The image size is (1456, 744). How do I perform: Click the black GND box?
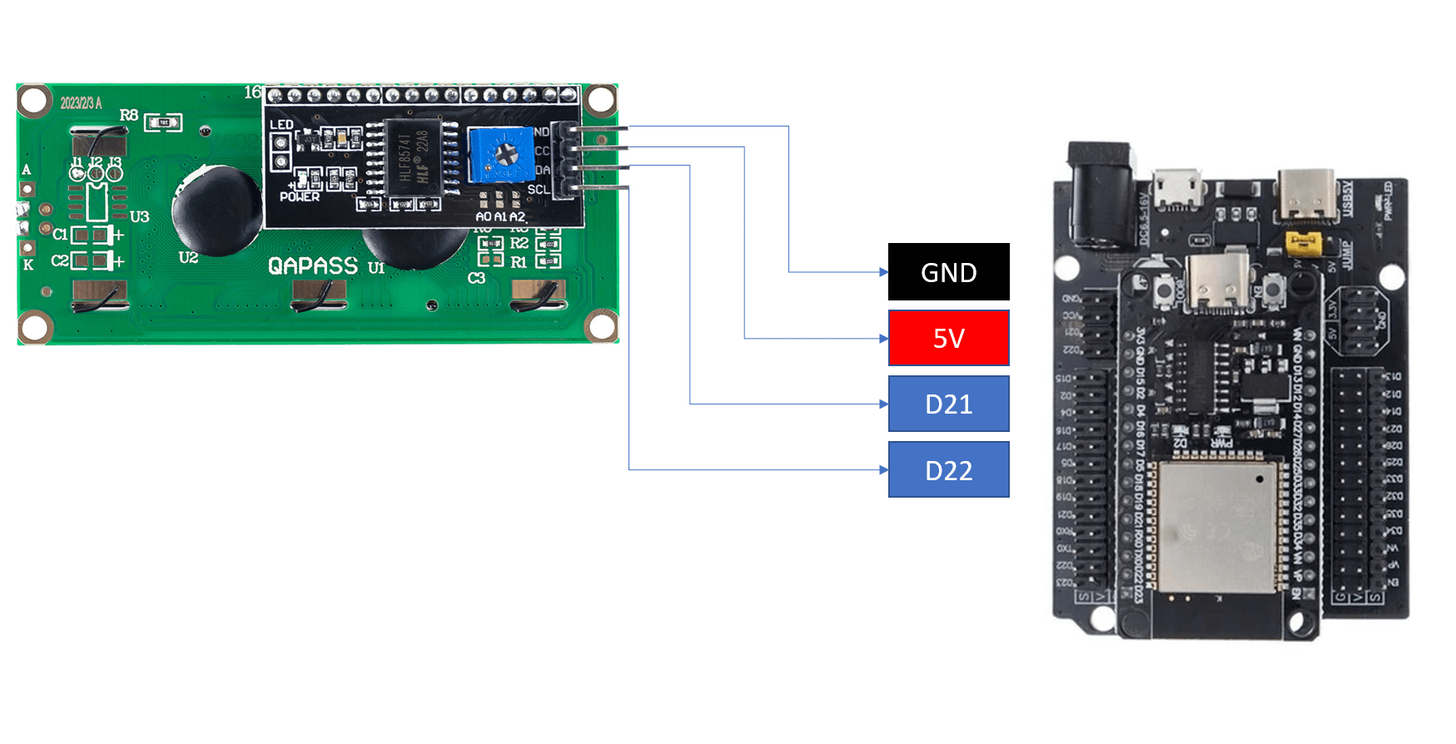(948, 272)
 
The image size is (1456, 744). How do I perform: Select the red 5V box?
(948, 338)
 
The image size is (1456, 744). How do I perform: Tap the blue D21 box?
(948, 404)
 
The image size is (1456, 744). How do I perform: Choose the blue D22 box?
(948, 470)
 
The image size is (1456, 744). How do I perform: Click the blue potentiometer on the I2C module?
(501, 154)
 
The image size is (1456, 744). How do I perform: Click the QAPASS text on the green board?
(313, 265)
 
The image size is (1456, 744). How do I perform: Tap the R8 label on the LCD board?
(129, 115)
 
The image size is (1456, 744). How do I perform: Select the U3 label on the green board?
(139, 216)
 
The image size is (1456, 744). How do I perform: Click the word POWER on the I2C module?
(300, 197)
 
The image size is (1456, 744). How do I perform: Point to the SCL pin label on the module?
(538, 190)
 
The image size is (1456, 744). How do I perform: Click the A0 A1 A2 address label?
(500, 216)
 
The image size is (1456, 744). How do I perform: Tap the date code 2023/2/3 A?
(81, 103)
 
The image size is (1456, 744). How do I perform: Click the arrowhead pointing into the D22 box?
(884, 470)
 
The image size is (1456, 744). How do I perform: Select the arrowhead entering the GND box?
(884, 272)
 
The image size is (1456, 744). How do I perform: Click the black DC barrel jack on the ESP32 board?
(1101, 196)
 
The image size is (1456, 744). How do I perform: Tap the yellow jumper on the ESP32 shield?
(1303, 244)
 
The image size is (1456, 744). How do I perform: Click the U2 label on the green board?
(188, 258)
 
